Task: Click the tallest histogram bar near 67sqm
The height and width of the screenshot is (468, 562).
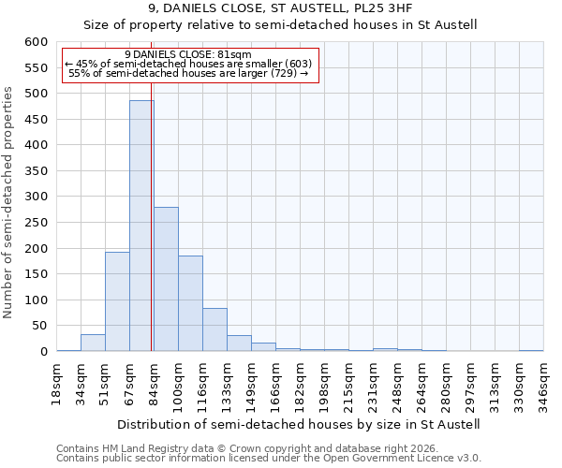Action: pyautogui.click(x=141, y=225)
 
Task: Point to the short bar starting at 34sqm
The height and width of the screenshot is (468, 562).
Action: pyautogui.click(x=93, y=343)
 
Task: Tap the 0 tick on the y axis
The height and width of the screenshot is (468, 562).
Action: pyautogui.click(x=43, y=352)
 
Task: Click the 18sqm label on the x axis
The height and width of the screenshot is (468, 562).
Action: pyautogui.click(x=57, y=381)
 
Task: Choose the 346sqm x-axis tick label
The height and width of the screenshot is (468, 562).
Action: pyautogui.click(x=543, y=381)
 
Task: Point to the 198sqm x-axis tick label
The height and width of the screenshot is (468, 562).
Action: pyautogui.click(x=324, y=381)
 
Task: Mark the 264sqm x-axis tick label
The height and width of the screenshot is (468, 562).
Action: pyautogui.click(x=421, y=381)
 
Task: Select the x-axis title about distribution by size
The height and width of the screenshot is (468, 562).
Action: pyautogui.click(x=299, y=424)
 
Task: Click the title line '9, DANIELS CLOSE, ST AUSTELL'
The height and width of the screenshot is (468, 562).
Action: pyautogui.click(x=281, y=8)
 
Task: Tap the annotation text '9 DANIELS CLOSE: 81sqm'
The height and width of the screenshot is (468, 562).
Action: pyautogui.click(x=188, y=55)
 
